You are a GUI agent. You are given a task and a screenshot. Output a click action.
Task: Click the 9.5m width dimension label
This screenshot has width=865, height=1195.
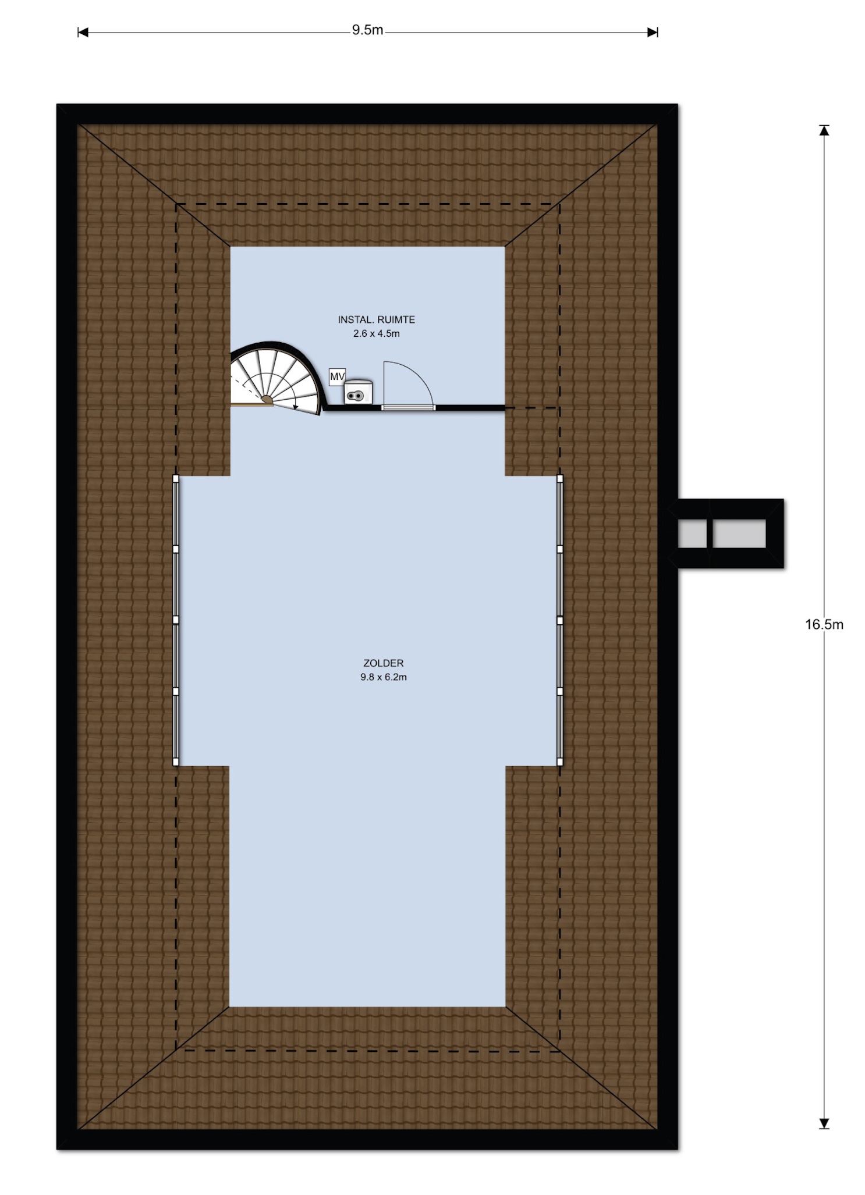pyautogui.click(x=367, y=30)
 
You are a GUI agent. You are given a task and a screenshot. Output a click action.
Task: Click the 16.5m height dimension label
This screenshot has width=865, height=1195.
pyautogui.click(x=824, y=625)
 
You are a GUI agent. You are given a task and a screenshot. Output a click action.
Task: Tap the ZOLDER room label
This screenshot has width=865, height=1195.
pyautogui.click(x=383, y=663)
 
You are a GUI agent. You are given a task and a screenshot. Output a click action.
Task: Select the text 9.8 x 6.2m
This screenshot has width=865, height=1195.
pyautogui.click(x=383, y=677)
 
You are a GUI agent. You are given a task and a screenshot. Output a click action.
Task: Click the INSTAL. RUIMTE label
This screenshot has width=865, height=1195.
pyautogui.click(x=376, y=319)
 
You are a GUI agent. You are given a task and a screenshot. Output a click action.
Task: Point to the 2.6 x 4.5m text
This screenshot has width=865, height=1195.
pyautogui.click(x=376, y=334)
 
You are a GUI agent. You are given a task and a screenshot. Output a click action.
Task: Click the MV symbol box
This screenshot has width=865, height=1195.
pyautogui.click(x=337, y=377)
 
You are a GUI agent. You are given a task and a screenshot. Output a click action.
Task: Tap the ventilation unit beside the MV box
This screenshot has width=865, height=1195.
pyautogui.click(x=358, y=392)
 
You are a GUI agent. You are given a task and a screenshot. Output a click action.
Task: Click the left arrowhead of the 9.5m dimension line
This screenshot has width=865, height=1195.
pyautogui.click(x=83, y=33)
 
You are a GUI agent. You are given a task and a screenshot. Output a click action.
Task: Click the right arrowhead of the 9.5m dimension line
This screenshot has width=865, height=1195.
pyautogui.click(x=653, y=33)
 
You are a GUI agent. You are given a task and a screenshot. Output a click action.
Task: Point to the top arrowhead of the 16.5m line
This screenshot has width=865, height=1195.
pyautogui.click(x=824, y=131)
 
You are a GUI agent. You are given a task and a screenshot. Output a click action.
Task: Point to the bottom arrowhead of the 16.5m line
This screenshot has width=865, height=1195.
pyautogui.click(x=824, y=1123)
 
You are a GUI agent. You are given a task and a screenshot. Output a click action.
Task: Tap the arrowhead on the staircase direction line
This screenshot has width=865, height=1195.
pyautogui.click(x=296, y=406)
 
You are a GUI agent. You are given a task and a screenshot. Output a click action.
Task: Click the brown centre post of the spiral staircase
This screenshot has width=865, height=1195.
pyautogui.click(x=267, y=399)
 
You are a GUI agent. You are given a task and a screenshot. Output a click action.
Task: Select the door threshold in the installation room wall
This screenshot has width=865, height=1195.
pyautogui.click(x=408, y=408)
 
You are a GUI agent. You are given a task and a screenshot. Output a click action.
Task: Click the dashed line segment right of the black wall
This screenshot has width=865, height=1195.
pyautogui.click(x=533, y=408)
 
